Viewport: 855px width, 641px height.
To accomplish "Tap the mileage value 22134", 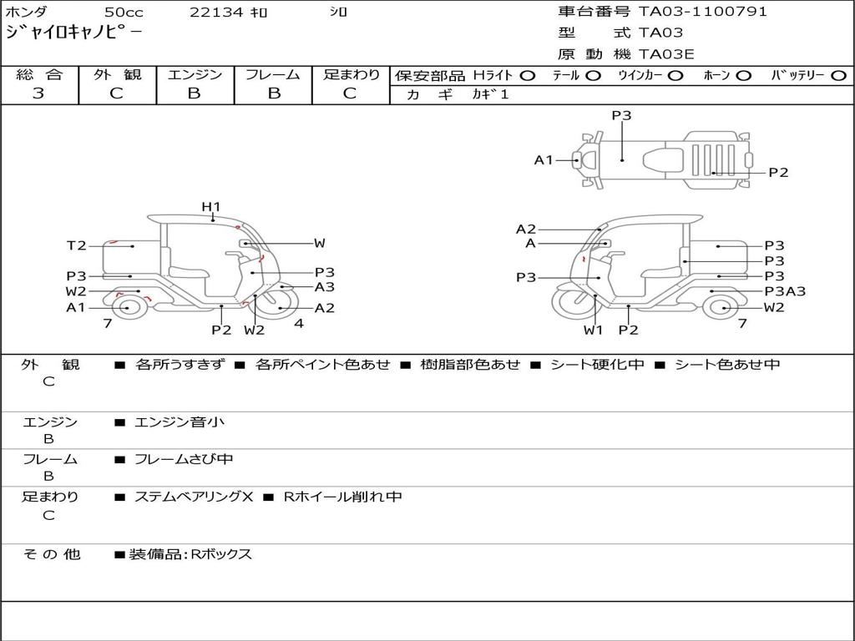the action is coord(215,13).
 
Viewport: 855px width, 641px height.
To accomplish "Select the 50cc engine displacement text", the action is coord(124,13).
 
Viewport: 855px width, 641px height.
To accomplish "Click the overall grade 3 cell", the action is coord(38,93).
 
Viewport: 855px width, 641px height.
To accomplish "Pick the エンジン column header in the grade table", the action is coord(195,74).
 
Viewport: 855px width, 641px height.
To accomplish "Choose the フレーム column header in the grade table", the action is coord(272,74).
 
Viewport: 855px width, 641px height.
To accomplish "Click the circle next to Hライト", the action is coord(527,75).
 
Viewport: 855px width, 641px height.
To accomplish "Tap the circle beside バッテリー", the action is coord(838,75).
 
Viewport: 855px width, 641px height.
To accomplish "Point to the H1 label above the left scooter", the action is coord(210,206).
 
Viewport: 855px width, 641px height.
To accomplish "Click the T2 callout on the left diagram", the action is coord(76,245).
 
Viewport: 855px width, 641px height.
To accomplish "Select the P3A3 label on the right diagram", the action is coord(785,291).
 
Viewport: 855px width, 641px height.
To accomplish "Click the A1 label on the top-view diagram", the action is coord(544,159).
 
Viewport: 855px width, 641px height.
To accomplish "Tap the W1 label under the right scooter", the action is coord(593,330).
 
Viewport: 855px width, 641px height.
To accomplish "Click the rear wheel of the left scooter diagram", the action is coord(127,308).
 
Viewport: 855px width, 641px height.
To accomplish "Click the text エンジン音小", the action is coord(180,422).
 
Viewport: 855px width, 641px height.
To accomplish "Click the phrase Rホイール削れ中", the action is coord(342,497).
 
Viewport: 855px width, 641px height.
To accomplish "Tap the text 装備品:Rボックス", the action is coord(190,554).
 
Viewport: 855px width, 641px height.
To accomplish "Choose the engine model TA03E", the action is coord(666,55).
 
